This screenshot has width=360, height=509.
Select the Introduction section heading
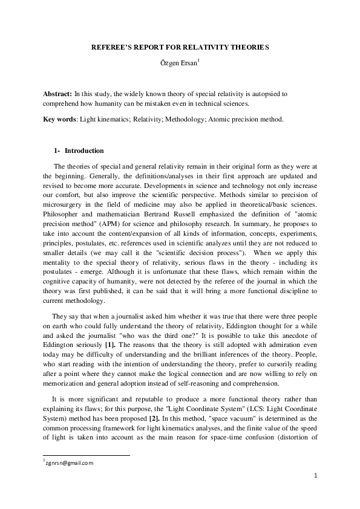click(84, 151)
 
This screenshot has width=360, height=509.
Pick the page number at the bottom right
click(315, 476)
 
